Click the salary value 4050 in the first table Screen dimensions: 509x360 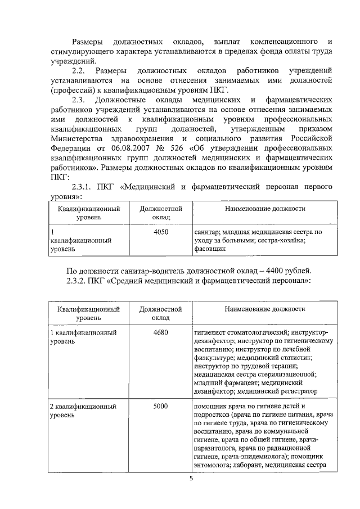160,232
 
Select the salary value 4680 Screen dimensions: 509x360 160,332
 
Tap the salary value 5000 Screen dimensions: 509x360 160,406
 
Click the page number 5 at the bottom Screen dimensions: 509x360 190,479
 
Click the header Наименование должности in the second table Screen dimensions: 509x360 265,309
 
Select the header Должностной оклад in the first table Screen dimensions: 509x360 160,213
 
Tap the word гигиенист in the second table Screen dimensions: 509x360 211,332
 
